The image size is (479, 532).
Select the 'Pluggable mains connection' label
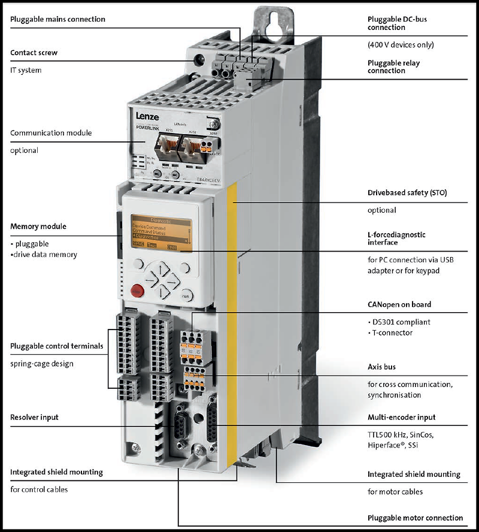tap(57, 19)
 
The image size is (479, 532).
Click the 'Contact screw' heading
tap(34, 53)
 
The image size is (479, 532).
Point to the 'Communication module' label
tap(51, 132)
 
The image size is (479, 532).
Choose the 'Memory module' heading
tap(38, 226)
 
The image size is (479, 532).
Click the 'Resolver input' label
tap(34, 416)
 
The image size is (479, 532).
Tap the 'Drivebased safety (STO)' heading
tap(407, 193)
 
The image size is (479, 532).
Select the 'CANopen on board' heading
tap(399, 304)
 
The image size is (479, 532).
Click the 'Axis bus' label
tap(381, 366)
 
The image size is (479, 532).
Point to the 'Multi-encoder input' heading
tap(401, 417)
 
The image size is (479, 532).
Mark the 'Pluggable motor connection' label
tap(415, 518)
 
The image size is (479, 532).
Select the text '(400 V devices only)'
tap(400, 45)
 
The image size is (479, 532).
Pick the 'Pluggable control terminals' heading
tap(56, 346)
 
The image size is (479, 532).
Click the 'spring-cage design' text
tap(43, 364)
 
